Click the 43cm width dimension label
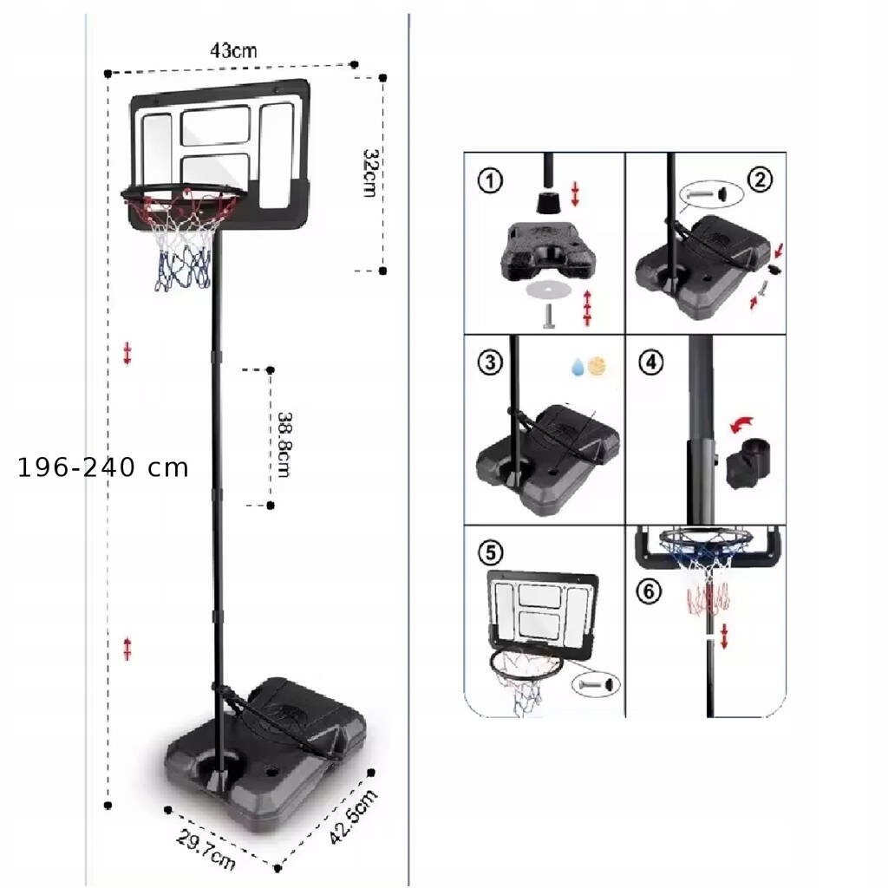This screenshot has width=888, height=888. click(233, 50)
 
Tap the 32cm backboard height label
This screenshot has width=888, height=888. click(369, 173)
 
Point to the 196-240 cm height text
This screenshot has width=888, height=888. click(103, 468)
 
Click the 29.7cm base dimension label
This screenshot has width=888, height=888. click(206, 850)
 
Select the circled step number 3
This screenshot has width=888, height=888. click(490, 362)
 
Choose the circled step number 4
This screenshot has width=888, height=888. click(651, 362)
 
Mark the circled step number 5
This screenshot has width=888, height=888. click(490, 552)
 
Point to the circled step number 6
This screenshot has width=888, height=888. click(649, 592)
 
